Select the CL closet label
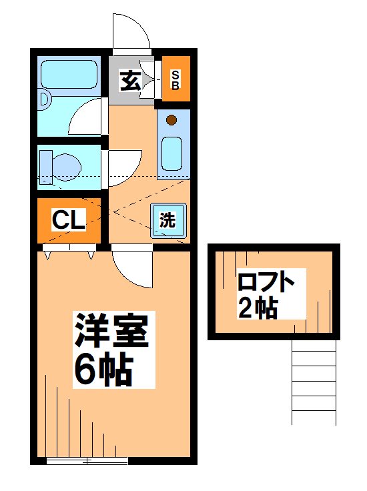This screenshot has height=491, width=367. pyautogui.click(x=69, y=221)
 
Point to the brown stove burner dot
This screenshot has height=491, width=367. pyautogui.click(x=171, y=120)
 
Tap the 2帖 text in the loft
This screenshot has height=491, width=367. pyautogui.click(x=257, y=307)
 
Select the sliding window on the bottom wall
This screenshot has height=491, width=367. pyautogui.click(x=87, y=461)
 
